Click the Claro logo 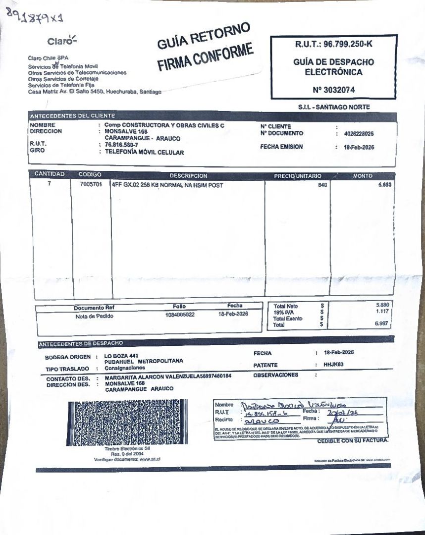click(62, 40)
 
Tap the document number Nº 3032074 click(333, 90)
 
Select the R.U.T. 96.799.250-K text click(333, 45)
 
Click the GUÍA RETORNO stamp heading click(204, 38)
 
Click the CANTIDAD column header click(49, 175)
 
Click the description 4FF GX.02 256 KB click(167, 186)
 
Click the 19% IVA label click(284, 312)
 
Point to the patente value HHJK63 click(333, 365)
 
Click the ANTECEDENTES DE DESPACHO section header click(81, 343)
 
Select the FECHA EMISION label click(282, 147)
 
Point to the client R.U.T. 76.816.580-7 click(125, 145)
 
